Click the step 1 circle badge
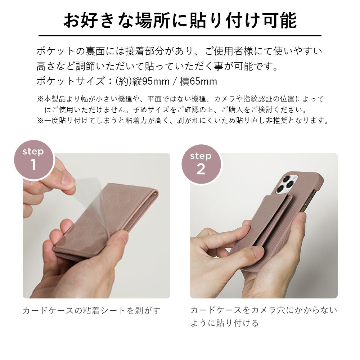[x=33, y=160]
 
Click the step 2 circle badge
[x=201, y=164]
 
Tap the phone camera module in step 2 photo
[x=287, y=185]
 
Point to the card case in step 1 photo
[x=108, y=223]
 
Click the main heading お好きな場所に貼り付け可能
[x=180, y=21]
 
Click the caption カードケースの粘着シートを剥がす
[x=91, y=310]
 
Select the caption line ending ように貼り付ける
[x=224, y=323]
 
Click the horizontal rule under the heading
[x=180, y=36]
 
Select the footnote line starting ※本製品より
[x=180, y=99]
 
